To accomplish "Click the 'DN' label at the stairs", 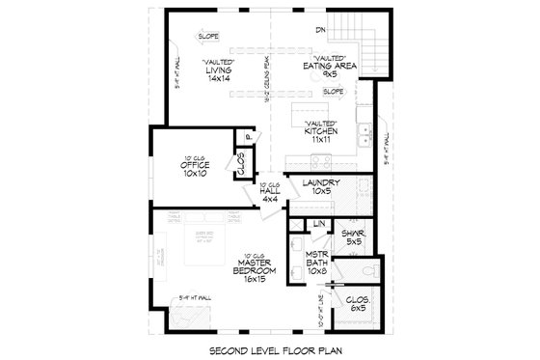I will [x=319, y=30].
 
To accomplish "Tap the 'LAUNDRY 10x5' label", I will [x=318, y=187].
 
